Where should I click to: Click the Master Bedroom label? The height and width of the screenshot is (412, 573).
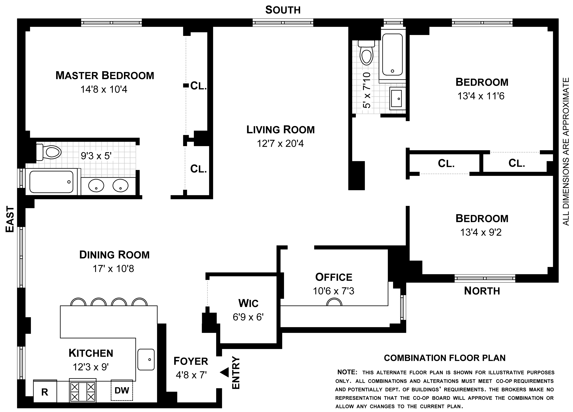coord(105,75)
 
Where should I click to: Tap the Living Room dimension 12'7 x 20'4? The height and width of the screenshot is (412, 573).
coord(280,143)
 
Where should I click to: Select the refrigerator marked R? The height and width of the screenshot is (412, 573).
coord(45,391)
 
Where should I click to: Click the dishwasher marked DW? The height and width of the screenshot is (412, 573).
coord(122,390)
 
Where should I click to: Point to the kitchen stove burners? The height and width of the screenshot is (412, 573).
coord(83,390)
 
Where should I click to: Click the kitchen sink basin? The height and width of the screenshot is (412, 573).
coord(146,359)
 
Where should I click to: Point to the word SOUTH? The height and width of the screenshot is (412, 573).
coord(283,10)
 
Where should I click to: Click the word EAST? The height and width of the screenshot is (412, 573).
coord(10,219)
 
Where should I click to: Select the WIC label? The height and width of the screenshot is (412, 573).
coord(248,303)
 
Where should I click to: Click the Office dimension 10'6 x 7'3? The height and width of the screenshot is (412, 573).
coord(333,291)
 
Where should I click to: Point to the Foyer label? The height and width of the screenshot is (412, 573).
coord(191,361)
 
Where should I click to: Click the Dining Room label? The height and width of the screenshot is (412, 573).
coord(114,255)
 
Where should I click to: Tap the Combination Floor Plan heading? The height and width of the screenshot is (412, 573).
coord(445,358)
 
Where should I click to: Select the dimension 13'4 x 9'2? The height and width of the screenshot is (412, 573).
coord(481,232)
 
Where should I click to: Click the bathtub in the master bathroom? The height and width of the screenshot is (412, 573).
coord(51,182)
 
